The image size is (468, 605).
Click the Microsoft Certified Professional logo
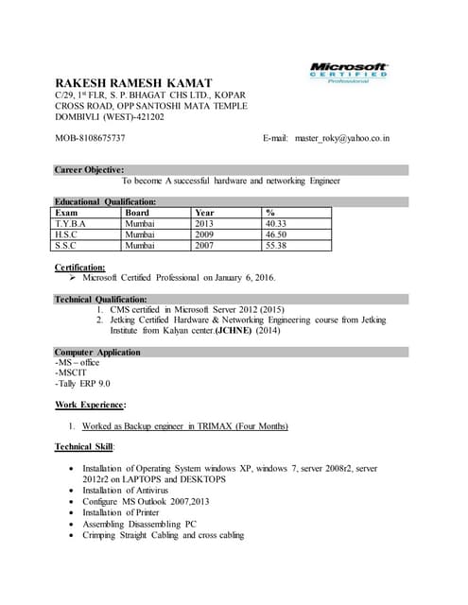click(x=349, y=73)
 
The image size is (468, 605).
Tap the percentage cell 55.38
click(x=275, y=245)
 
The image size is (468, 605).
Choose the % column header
click(x=270, y=213)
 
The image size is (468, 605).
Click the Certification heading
click(x=80, y=268)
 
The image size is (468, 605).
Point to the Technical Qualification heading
click(x=100, y=299)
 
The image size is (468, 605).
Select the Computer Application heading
click(x=97, y=352)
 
